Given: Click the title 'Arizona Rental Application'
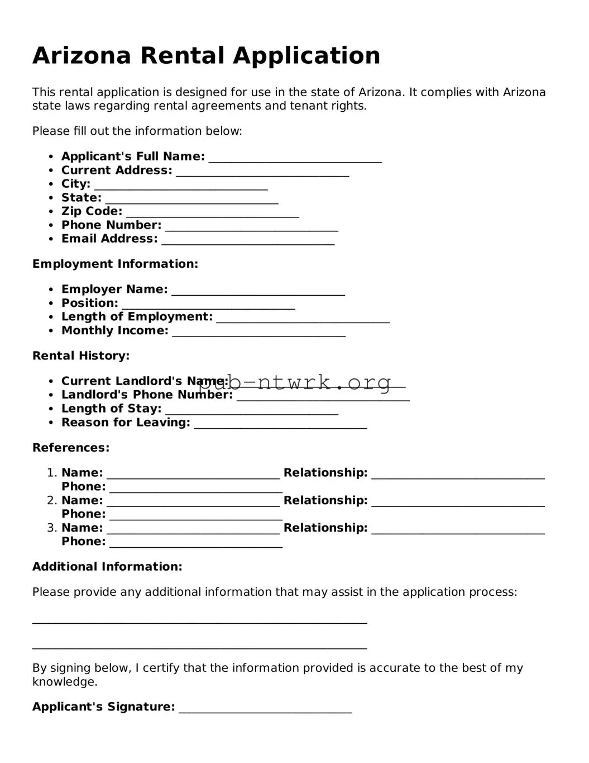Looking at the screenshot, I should [206, 56].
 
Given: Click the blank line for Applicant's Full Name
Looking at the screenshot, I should [295, 159].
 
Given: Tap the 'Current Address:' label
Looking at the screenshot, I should [117, 170].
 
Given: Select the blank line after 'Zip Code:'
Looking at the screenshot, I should [213, 214].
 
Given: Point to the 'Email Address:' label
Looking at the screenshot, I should [109, 239].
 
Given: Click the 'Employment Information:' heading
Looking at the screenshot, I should [115, 264].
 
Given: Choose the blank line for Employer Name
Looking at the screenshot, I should [258, 291].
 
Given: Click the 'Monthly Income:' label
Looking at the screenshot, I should [114, 330].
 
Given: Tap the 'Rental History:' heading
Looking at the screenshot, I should [81, 356].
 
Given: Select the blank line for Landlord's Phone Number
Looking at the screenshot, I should [323, 397].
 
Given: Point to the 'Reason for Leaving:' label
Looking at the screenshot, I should [126, 423].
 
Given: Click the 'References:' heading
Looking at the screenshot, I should [71, 448].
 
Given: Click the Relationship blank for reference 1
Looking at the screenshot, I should [458, 475].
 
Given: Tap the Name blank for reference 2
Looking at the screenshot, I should [193, 503].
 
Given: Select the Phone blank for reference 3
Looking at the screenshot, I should [196, 544].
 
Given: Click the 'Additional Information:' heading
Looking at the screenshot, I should [107, 567].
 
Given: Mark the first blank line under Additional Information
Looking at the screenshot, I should [199, 620].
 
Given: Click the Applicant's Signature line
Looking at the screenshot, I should [265, 709].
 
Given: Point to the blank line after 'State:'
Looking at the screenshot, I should [191, 200].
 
